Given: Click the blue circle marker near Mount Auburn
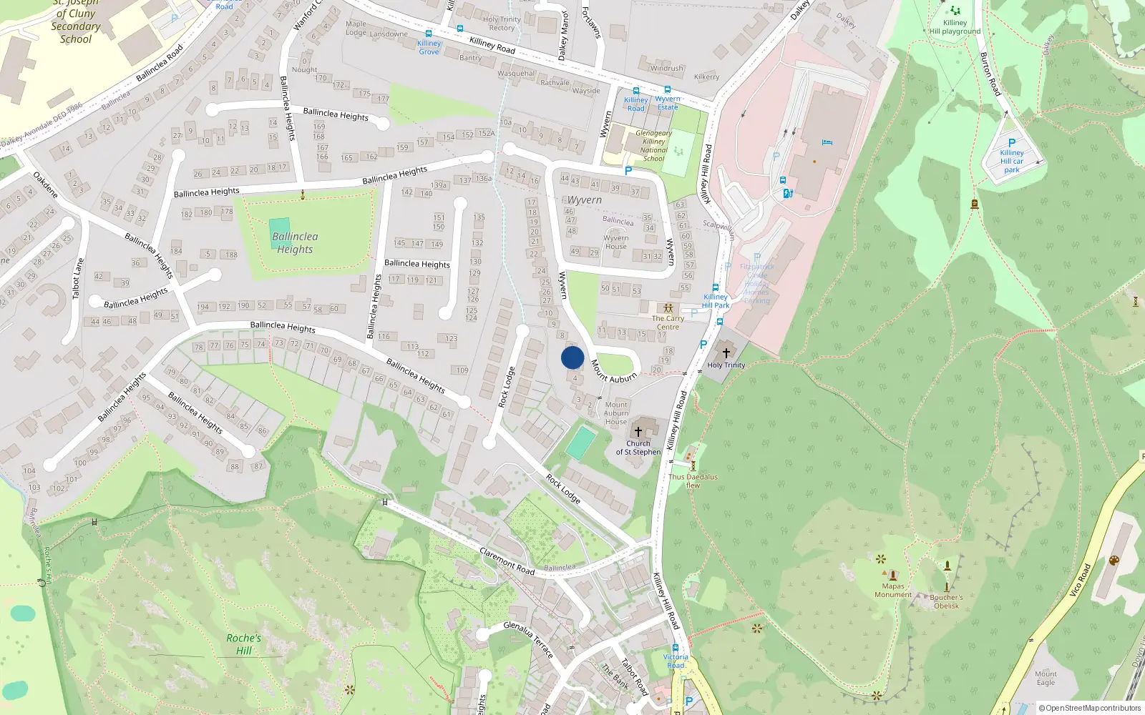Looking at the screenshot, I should [572, 357].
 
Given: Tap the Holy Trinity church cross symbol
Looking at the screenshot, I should [726, 352].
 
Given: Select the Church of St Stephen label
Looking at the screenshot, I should [638, 448].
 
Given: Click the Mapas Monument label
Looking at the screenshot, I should [892, 590].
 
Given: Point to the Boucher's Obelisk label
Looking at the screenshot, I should [946, 601].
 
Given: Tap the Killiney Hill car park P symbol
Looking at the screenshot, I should [1012, 143].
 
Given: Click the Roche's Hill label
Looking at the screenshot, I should [243, 643].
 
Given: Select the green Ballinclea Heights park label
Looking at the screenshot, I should [295, 243].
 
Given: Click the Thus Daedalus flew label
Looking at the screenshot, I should [693, 480].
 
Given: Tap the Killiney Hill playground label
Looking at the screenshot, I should [955, 27].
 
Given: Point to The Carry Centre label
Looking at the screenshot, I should [668, 322].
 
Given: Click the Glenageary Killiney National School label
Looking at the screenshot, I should [653, 146].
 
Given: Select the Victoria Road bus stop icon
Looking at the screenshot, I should [675, 648].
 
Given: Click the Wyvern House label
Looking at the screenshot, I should [615, 242].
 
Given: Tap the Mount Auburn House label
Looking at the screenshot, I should [615, 413].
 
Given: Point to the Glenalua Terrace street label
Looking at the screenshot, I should [528, 638].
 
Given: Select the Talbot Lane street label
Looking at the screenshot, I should [77, 279].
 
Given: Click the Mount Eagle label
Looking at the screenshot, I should [1046, 678].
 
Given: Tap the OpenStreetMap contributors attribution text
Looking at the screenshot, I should [1089, 708].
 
